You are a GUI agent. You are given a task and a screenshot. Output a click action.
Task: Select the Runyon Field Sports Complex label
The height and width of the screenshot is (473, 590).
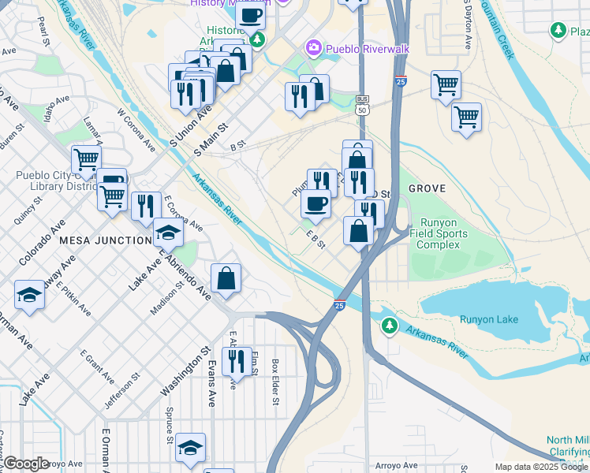click(x=443, y=233)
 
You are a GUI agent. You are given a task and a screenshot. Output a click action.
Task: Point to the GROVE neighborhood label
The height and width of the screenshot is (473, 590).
click(x=427, y=188)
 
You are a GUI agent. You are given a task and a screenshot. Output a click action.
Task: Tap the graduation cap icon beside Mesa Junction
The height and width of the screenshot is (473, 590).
click(x=167, y=233)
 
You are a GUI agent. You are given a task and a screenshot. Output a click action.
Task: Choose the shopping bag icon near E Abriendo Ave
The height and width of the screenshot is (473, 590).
click(x=226, y=277)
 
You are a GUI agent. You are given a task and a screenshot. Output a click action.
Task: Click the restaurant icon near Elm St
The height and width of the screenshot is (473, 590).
click(x=237, y=360)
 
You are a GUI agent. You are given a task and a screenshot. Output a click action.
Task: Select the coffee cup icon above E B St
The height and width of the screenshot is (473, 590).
click(x=316, y=204)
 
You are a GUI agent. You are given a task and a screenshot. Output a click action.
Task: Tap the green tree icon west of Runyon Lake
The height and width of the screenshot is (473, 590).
click(x=389, y=325)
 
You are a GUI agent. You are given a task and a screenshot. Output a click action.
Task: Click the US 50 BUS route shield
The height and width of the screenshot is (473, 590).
click(x=362, y=104)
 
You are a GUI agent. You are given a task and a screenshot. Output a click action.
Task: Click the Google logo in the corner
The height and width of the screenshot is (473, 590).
click(x=26, y=464)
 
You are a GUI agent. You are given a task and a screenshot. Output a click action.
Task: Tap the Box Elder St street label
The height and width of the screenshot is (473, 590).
click(x=275, y=382)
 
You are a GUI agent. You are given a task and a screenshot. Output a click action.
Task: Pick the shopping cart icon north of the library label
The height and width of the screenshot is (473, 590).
click(x=85, y=159)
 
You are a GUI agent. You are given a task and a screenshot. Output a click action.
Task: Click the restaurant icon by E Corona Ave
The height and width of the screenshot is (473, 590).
click(x=146, y=207)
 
